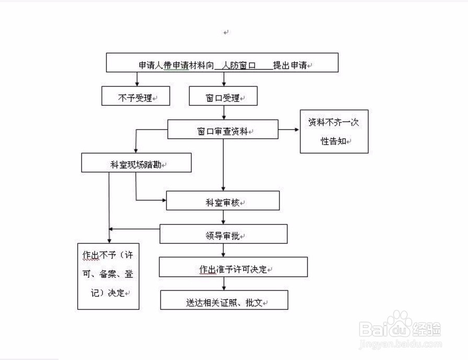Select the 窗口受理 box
pyautogui.click(x=224, y=97)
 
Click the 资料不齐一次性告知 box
pyautogui.click(x=334, y=131)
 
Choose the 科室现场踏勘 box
pyautogui.click(x=136, y=164)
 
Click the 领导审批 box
pyautogui.click(x=223, y=235)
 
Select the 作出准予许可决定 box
pyautogui.click(x=233, y=268)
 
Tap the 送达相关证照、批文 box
pyautogui.click(x=223, y=302)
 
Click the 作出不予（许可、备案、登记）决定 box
pyautogui.click(x=108, y=276)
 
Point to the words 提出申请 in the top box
pyautogui.click(x=290, y=65)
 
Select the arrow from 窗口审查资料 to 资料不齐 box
pyautogui.click(x=289, y=129)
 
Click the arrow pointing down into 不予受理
pyautogui.click(x=138, y=79)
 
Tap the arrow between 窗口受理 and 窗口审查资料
pyautogui.click(x=224, y=113)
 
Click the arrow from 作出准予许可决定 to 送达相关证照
pyautogui.click(x=224, y=284)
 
